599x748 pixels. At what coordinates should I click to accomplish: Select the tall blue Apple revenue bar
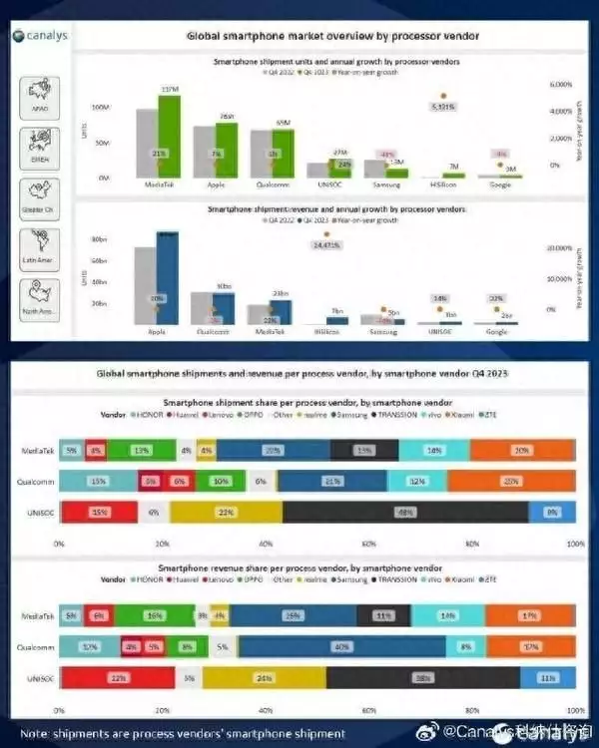tap(167, 275)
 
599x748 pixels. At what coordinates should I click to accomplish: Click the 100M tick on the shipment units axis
tap(100, 107)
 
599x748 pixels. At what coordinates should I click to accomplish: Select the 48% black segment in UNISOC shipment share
tap(405, 513)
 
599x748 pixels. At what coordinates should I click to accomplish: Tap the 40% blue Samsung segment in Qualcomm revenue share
tap(342, 647)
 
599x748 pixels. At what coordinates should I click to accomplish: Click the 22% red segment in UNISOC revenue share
tap(119, 677)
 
